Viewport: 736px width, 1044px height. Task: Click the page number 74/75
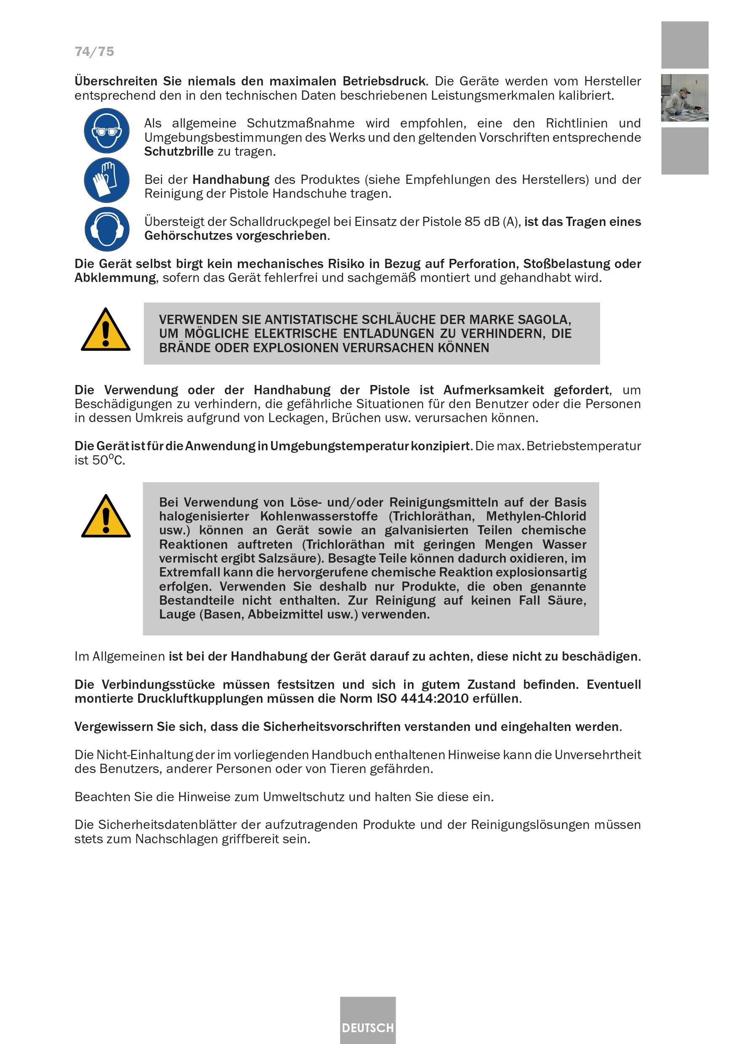point(94,52)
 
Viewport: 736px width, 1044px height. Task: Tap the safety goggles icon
point(106,130)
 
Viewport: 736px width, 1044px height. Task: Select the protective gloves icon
point(106,180)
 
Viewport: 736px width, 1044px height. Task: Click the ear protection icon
point(106,229)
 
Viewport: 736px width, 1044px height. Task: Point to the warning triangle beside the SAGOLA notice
point(106,331)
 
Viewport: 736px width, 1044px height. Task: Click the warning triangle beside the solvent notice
point(106,517)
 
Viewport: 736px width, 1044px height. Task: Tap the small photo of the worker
point(684,98)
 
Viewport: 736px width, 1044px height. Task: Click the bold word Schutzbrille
point(179,151)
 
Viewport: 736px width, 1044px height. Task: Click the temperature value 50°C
point(108,460)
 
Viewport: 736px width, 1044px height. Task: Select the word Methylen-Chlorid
point(536,517)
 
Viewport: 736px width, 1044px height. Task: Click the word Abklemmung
point(115,278)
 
